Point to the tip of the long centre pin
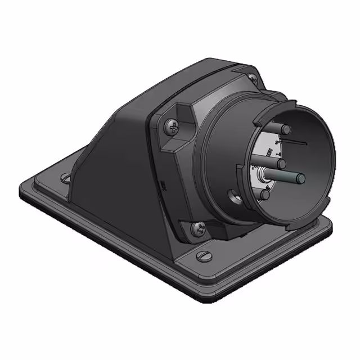pos(301,179)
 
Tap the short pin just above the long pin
pos(281,164)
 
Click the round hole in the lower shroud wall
pos(232,199)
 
